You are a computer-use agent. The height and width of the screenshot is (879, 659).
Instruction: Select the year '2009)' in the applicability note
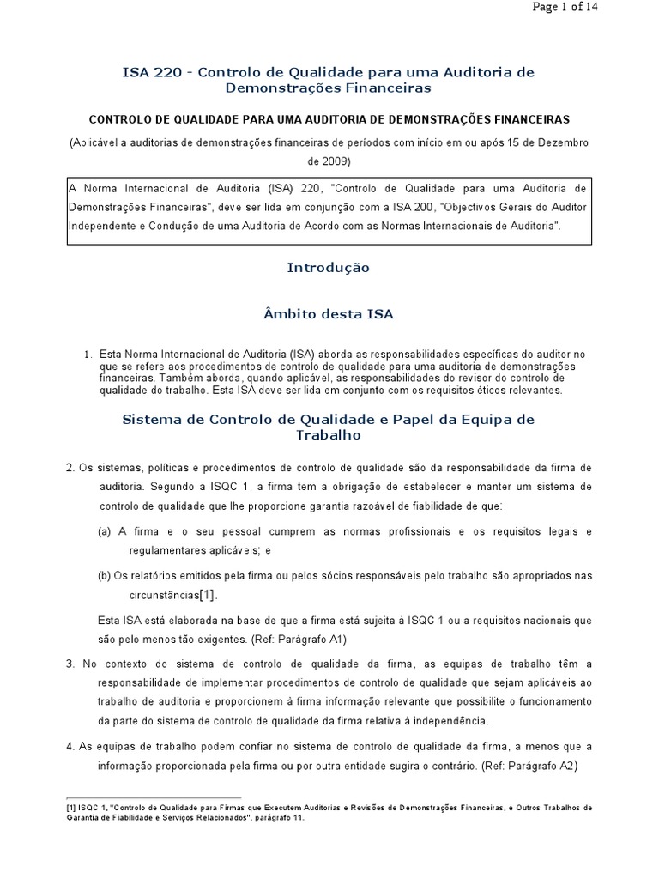[329, 161]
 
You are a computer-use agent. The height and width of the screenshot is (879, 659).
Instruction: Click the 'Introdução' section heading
[329, 268]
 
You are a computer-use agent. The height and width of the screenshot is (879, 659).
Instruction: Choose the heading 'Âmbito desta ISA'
[329, 315]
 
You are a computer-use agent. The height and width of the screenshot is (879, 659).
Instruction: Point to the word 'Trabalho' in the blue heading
[329, 435]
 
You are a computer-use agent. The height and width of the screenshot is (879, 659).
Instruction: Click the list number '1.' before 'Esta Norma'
[88, 354]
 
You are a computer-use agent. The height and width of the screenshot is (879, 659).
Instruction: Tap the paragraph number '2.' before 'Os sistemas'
[70, 468]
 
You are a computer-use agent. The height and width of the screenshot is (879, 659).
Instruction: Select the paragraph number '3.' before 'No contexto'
[70, 664]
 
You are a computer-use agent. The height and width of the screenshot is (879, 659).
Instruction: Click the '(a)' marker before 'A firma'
[105, 532]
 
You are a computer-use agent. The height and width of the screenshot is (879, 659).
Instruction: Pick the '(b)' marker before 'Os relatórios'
[105, 575]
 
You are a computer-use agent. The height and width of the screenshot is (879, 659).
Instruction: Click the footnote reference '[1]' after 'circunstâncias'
[208, 595]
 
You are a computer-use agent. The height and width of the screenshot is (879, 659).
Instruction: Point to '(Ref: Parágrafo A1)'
[302, 640]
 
